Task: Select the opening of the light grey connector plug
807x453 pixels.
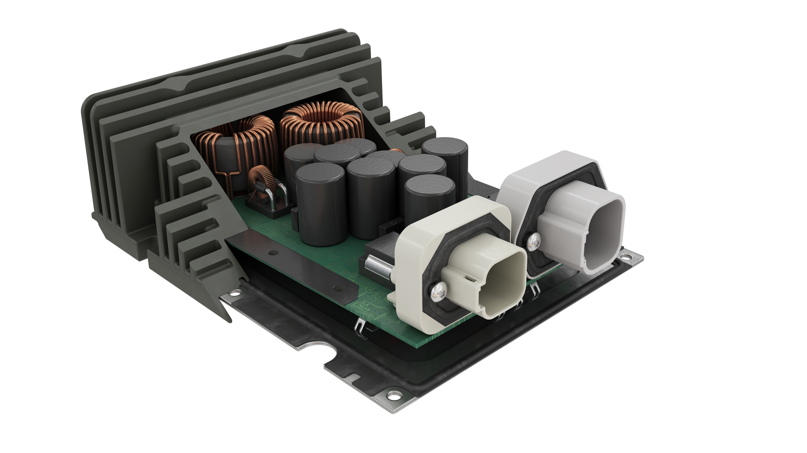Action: tap(603, 227)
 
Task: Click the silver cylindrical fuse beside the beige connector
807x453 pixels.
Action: tap(373, 265)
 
